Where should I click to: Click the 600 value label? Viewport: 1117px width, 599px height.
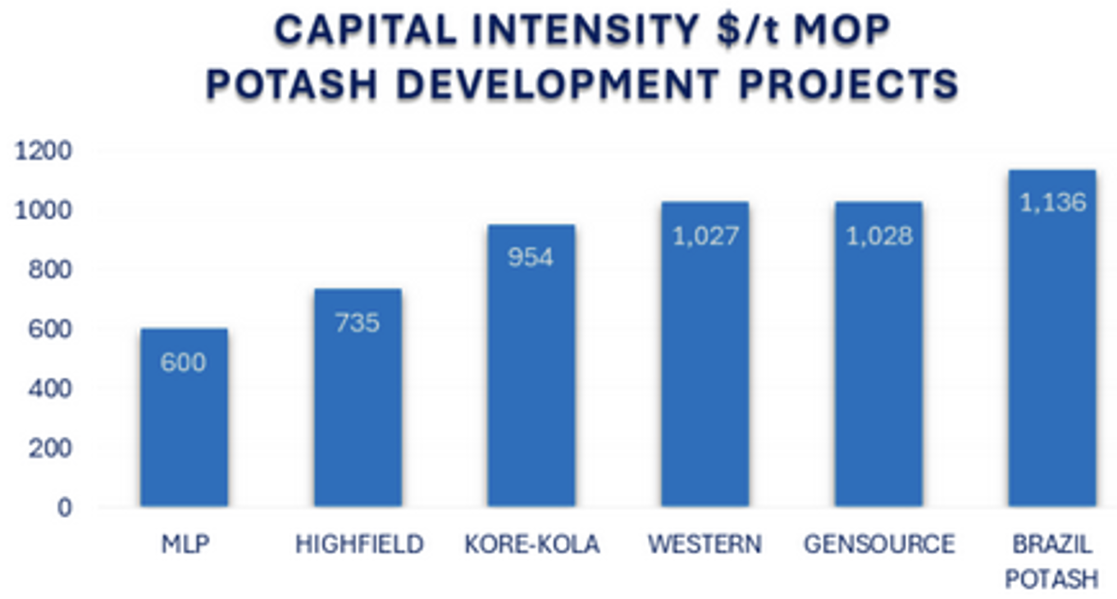(x=184, y=363)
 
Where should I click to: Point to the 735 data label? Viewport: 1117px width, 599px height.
(x=358, y=322)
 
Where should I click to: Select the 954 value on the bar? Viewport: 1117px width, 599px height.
(x=531, y=258)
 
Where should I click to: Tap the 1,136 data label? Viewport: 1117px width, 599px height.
(x=1053, y=203)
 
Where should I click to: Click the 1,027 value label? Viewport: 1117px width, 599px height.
(x=705, y=236)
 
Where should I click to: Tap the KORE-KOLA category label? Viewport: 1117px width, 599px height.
(x=531, y=545)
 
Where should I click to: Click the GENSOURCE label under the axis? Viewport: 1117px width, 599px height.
(x=879, y=545)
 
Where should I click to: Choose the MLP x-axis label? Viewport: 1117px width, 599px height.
(x=184, y=545)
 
